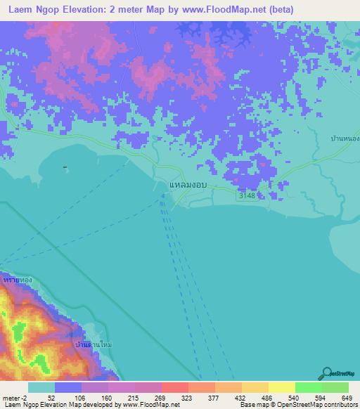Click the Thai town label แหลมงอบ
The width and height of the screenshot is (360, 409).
(x=187, y=186)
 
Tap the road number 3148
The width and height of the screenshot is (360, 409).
(x=247, y=195)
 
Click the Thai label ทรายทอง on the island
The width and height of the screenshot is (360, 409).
(x=18, y=280)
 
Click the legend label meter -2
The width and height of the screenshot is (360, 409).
(x=15, y=397)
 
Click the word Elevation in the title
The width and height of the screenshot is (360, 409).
(x=87, y=10)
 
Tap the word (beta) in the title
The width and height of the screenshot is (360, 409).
(x=277, y=10)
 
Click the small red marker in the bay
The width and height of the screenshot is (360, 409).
(x=65, y=167)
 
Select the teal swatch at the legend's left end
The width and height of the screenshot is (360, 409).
(x=41, y=387)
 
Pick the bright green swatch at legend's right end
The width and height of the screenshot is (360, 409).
(x=335, y=387)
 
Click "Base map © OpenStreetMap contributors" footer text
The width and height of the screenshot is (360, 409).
(x=297, y=405)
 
